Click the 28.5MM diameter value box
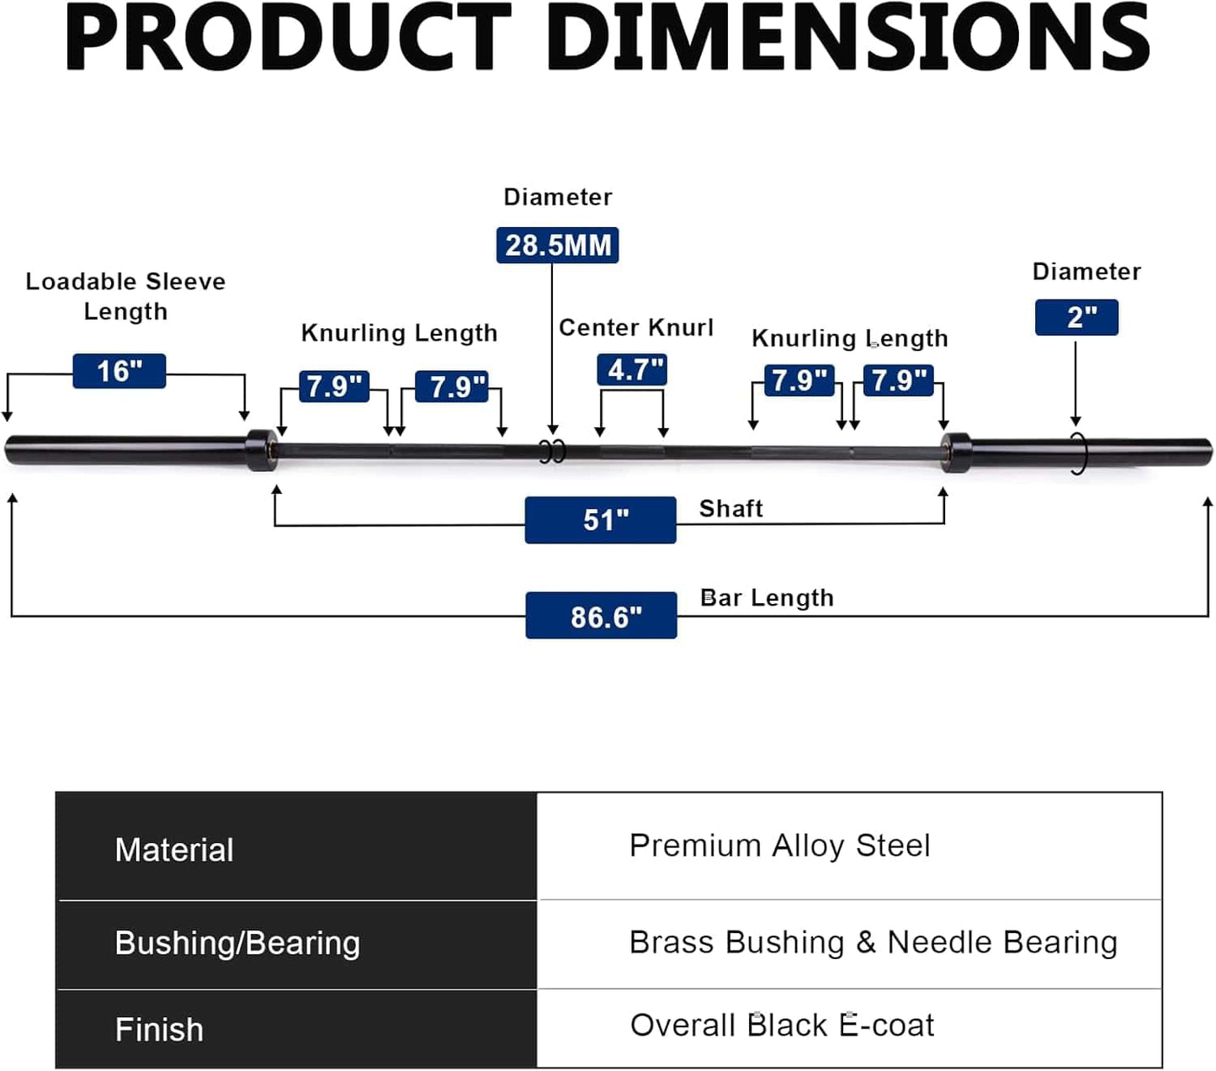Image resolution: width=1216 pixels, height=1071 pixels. (x=557, y=245)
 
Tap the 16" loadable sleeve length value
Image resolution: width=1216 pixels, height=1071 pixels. (x=119, y=371)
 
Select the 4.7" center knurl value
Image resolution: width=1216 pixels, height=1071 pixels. (x=632, y=369)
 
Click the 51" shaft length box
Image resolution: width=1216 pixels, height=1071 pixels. (x=600, y=520)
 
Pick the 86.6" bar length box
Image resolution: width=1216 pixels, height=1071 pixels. (x=601, y=616)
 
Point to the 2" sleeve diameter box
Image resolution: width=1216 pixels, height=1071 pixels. (x=1076, y=317)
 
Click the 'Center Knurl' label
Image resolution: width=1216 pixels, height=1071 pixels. (x=635, y=327)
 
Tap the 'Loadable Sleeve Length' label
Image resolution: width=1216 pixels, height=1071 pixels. (x=125, y=296)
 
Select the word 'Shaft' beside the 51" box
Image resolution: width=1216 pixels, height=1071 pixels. (x=730, y=508)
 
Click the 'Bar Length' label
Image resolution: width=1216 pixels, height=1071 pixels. (x=767, y=597)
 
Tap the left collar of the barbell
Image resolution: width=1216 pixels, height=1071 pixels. (x=261, y=450)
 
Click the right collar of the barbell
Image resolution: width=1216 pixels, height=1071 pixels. (x=955, y=452)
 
